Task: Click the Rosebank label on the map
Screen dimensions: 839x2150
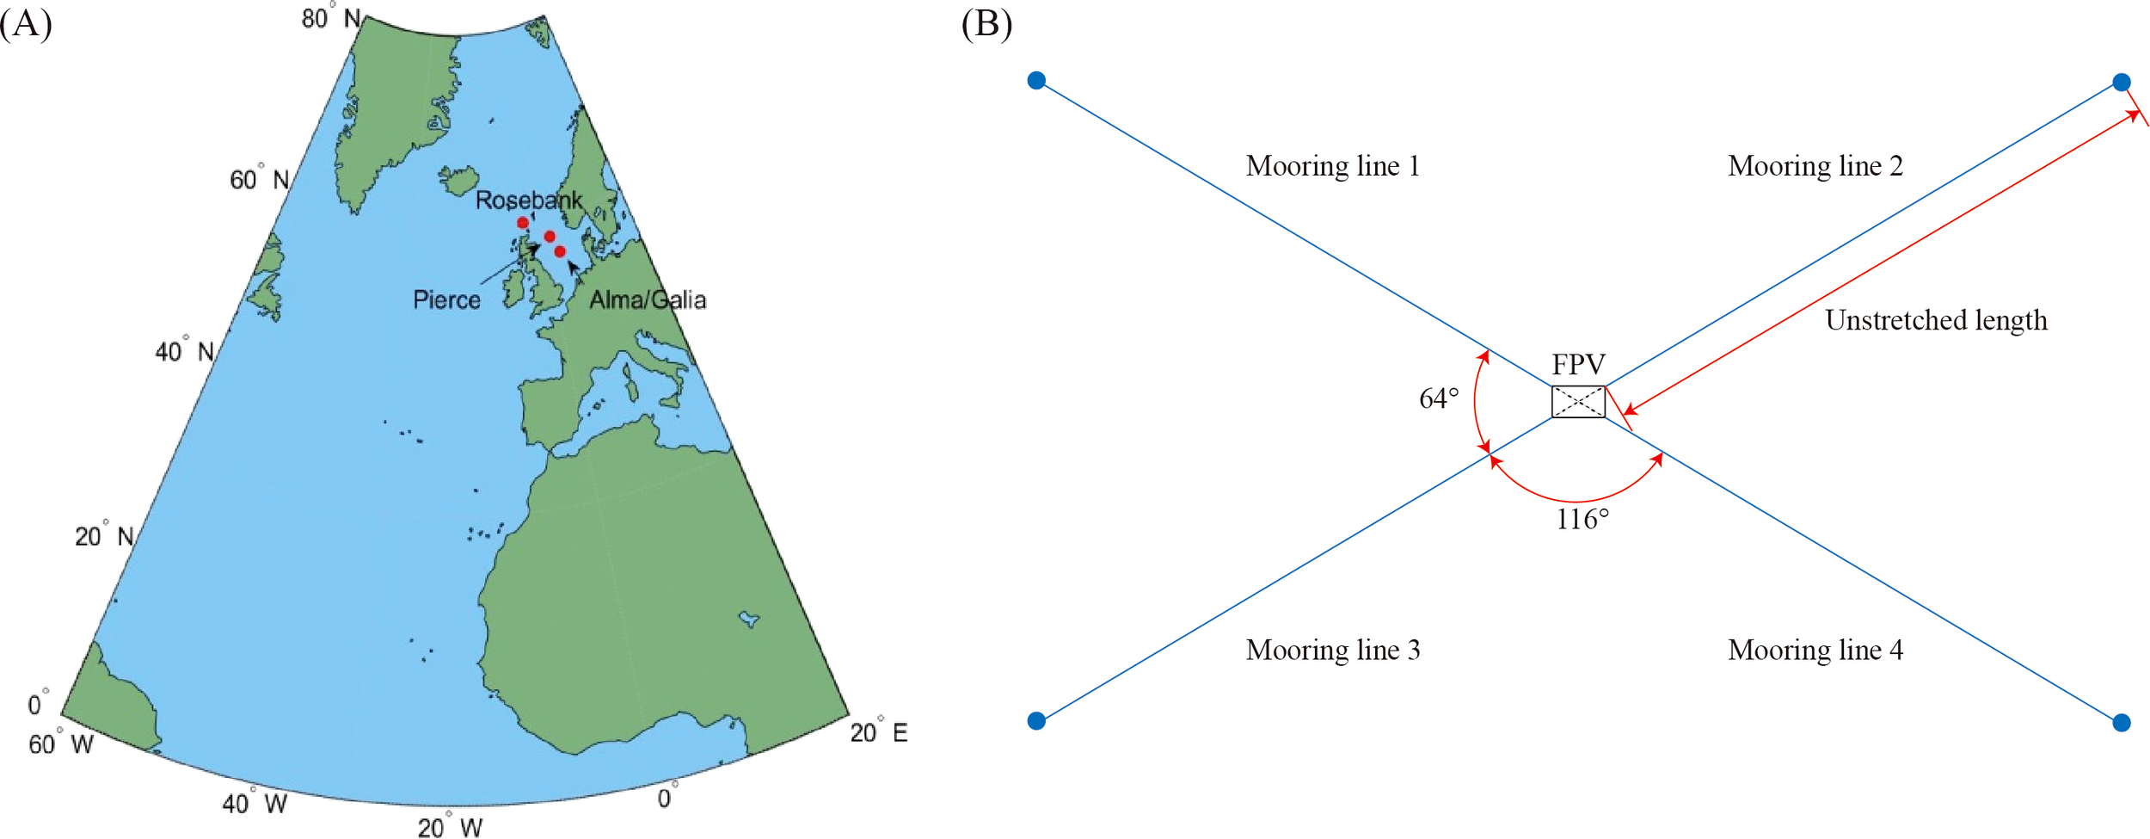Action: tap(528, 200)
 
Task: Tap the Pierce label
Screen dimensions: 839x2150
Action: tap(446, 299)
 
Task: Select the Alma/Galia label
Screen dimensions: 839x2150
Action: tap(648, 299)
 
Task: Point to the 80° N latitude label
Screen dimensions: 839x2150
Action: tap(330, 17)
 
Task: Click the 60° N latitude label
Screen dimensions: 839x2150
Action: tap(259, 179)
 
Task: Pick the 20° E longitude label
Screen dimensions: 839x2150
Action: tap(878, 732)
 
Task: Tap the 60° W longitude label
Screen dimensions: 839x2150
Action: tap(61, 743)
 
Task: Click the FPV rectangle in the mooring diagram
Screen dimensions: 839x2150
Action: tap(1578, 402)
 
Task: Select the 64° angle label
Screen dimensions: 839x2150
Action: tap(1439, 398)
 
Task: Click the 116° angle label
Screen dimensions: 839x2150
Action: tap(1582, 520)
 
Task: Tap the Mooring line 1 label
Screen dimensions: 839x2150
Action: tap(1332, 166)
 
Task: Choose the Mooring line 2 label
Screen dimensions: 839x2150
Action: tap(1815, 166)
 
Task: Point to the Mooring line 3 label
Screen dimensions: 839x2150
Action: tap(1332, 650)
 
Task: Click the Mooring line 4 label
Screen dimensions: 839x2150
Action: tap(1815, 650)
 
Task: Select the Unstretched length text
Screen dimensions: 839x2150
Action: tap(1936, 320)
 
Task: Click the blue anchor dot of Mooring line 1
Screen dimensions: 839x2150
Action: tap(1036, 81)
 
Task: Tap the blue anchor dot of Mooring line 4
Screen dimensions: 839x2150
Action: tap(2122, 723)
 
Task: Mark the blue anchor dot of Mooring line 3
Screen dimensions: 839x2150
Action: tap(1036, 720)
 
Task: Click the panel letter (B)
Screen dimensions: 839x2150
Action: tap(986, 23)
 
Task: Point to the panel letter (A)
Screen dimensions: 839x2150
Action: tap(26, 23)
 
